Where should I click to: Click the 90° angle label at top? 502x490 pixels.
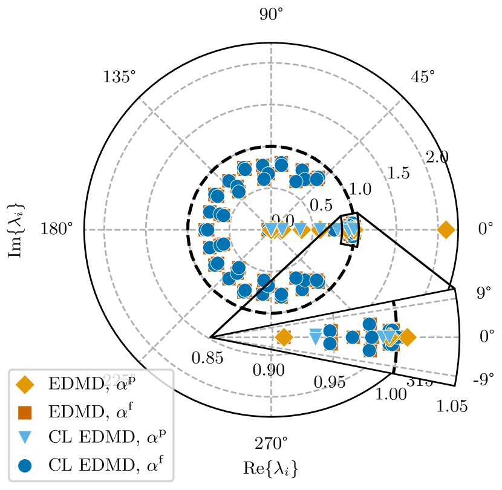(x=272, y=15)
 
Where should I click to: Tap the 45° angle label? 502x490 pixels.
(x=422, y=77)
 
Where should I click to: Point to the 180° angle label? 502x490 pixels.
(x=57, y=229)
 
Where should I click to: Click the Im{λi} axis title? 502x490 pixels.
(x=18, y=229)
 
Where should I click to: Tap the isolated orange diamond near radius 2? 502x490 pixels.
(x=446, y=230)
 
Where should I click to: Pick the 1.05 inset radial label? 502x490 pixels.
(x=452, y=407)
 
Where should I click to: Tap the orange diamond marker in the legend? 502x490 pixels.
(x=25, y=384)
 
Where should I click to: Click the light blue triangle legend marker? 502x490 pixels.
(x=25, y=438)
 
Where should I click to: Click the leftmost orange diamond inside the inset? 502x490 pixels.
(x=284, y=338)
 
